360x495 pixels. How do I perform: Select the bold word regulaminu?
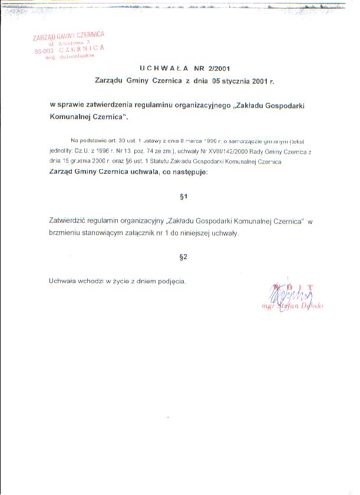click(x=154, y=104)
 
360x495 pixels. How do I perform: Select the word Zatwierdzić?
click(x=70, y=222)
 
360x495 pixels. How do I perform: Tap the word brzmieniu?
click(x=67, y=233)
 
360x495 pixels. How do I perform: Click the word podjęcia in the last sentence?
click(x=171, y=281)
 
